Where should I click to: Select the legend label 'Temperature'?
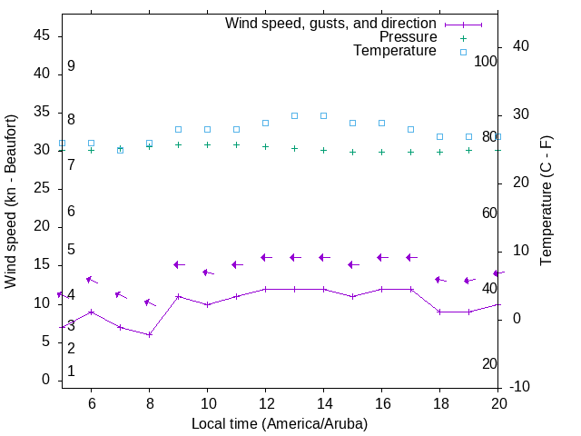(x=395, y=51)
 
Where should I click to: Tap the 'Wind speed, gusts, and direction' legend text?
(x=331, y=24)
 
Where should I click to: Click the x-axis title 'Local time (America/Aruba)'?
(x=280, y=423)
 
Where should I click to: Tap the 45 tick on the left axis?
(x=42, y=35)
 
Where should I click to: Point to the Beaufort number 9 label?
(x=71, y=66)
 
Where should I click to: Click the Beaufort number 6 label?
(x=71, y=211)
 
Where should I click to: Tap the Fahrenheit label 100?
(x=486, y=61)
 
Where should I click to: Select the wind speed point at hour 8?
(x=149, y=334)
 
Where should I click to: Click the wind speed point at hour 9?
(x=178, y=296)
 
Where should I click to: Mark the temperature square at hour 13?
(x=294, y=115)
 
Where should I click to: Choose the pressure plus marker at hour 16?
(x=381, y=152)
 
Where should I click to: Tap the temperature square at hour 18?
(x=439, y=136)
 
